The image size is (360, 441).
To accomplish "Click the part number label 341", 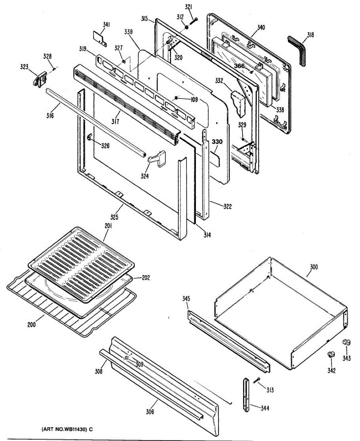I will pyautogui.click(x=106, y=25).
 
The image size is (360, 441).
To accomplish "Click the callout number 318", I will pyautogui.click(x=310, y=35).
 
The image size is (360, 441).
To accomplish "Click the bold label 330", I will pyautogui.click(x=217, y=142).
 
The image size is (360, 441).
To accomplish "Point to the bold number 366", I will pyautogui.click(x=240, y=66).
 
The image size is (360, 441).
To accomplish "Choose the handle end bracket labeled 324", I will pyautogui.click(x=157, y=159).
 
